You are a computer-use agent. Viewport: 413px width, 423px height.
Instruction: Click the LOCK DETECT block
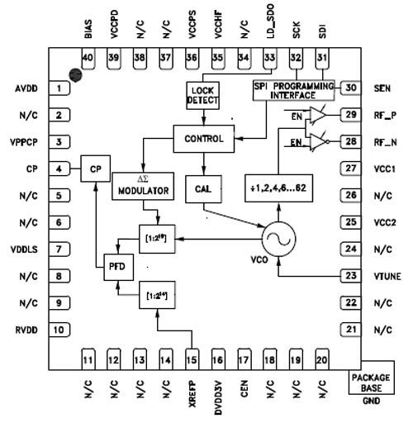pyautogui.click(x=202, y=94)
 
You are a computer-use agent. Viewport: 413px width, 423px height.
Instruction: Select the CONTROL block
pyautogui.click(x=203, y=138)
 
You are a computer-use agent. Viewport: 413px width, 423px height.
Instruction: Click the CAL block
pyautogui.click(x=202, y=189)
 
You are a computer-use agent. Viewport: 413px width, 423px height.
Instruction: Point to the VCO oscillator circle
pyautogui.click(x=278, y=239)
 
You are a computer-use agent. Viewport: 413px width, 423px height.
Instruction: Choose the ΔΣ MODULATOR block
pyautogui.click(x=141, y=184)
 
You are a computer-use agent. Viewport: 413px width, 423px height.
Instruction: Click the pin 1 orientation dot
pyautogui.click(x=76, y=75)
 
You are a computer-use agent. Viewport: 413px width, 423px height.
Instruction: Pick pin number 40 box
pyautogui.click(x=88, y=56)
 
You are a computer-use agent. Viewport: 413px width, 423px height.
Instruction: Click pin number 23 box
pyautogui.click(x=351, y=276)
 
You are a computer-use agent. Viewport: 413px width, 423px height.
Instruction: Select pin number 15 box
pyautogui.click(x=193, y=359)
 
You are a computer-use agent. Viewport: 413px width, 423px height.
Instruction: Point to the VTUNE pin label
pyautogui.click(x=387, y=277)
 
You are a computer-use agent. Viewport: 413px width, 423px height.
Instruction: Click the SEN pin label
pyautogui.click(x=382, y=88)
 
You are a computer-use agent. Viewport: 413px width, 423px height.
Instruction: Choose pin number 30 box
pyautogui.click(x=351, y=88)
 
